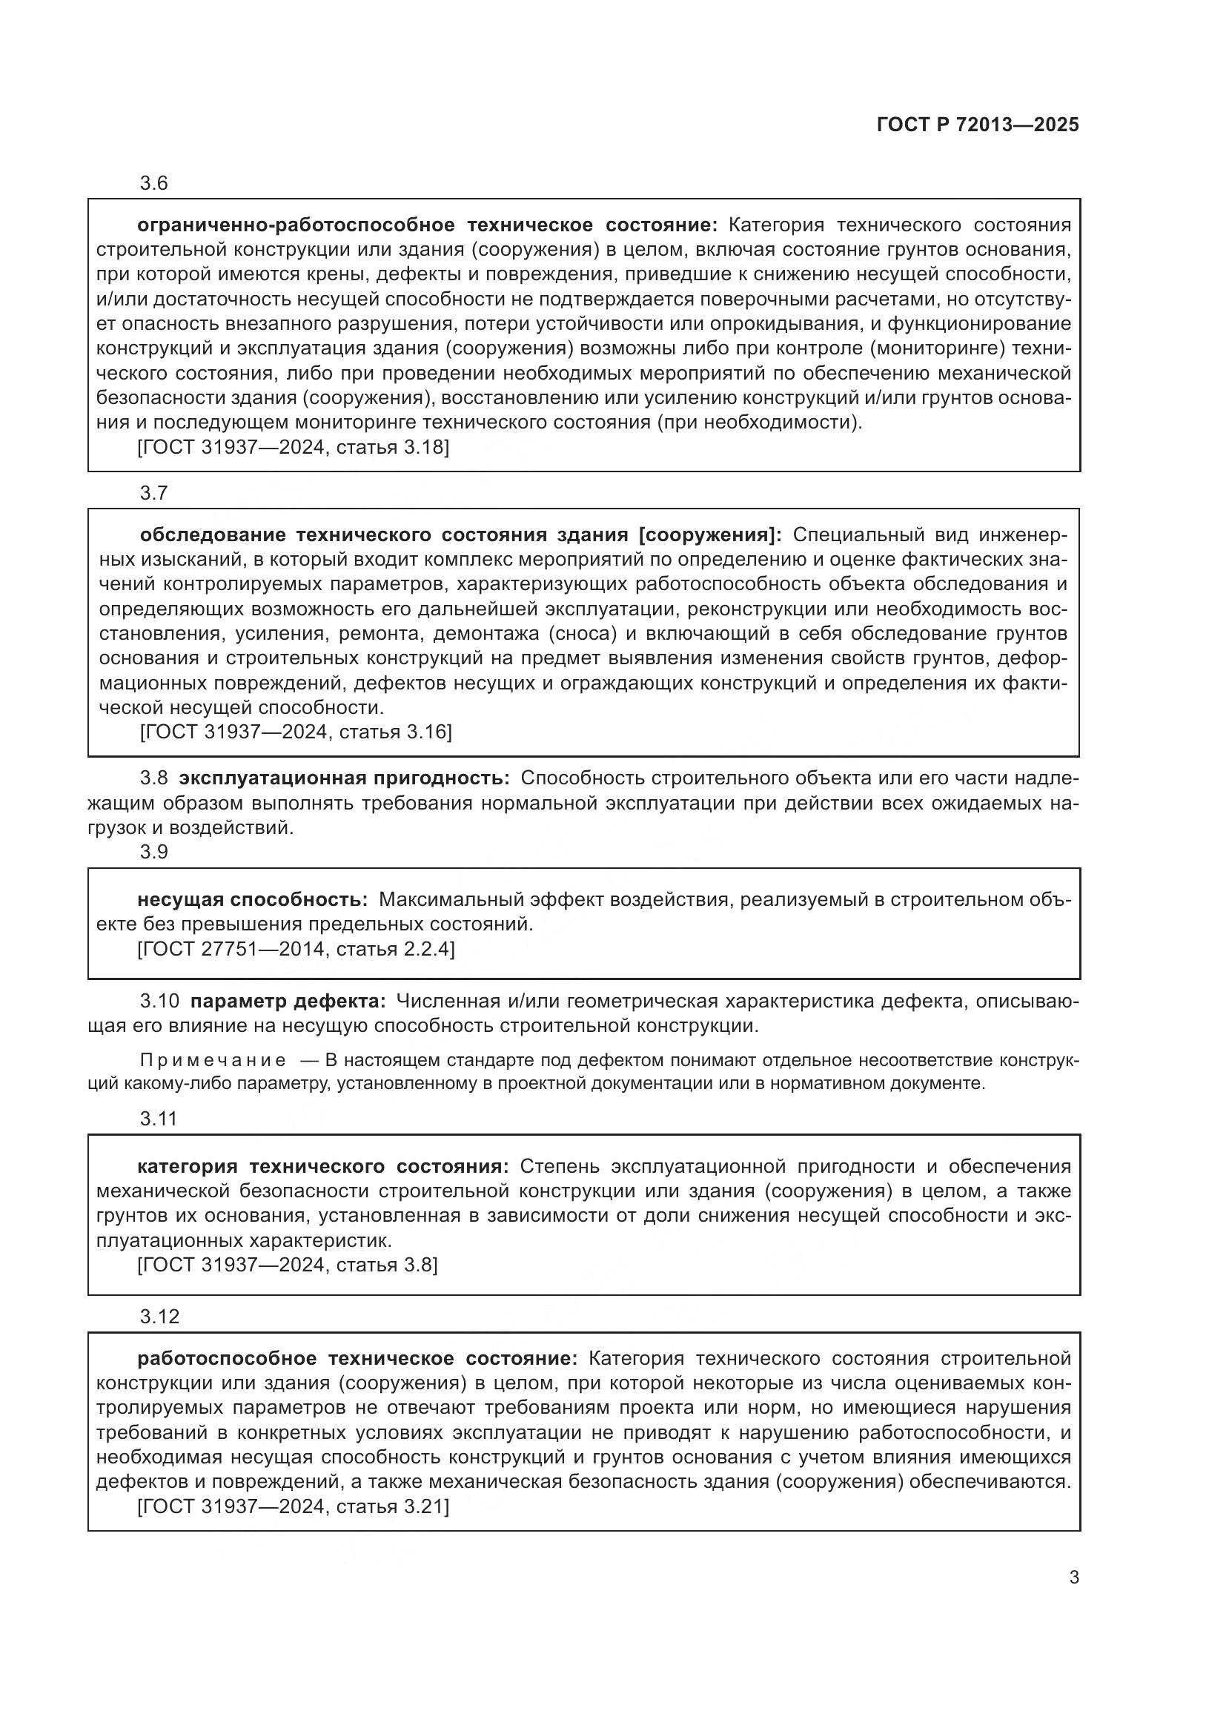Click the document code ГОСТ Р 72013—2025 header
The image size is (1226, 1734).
[978, 125]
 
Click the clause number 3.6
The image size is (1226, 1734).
[153, 184]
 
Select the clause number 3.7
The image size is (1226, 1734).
[153, 493]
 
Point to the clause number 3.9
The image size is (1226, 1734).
[153, 852]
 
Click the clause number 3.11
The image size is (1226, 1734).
[158, 1119]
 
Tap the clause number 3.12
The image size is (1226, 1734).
[159, 1317]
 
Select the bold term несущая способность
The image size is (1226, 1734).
[252, 899]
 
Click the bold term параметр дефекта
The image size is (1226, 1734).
[288, 1002]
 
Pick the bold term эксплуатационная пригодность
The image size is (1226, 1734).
[344, 778]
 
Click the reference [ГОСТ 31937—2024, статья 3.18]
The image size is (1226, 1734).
[293, 447]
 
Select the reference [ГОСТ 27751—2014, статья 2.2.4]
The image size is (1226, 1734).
[296, 949]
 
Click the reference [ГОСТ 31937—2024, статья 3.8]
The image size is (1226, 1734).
[287, 1264]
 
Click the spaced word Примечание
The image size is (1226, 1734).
[213, 1060]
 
